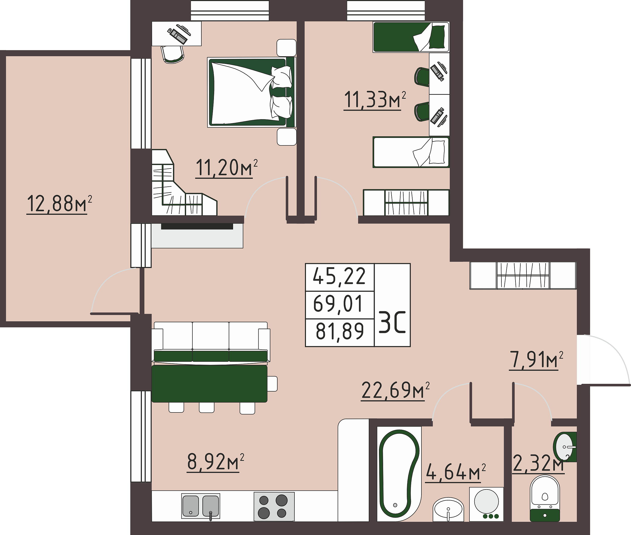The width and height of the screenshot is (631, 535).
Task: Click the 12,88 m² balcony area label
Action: pyautogui.click(x=59, y=204)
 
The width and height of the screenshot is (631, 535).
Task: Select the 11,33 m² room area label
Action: pyautogui.click(x=375, y=100)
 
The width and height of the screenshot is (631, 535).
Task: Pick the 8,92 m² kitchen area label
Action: pyautogui.click(x=216, y=462)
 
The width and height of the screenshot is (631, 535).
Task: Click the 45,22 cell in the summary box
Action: pyautogui.click(x=339, y=277)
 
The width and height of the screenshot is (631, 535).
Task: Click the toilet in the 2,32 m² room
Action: pyautogui.click(x=545, y=498)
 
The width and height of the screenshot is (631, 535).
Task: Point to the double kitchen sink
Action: pyautogui.click(x=201, y=506)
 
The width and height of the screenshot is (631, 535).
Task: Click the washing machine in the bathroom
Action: pyautogui.click(x=486, y=504)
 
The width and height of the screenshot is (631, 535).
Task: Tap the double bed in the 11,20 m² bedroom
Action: pyautogui.click(x=251, y=92)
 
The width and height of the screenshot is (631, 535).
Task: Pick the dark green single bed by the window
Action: pyautogui.click(x=411, y=37)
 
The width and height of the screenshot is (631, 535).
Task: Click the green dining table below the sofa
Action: pyautogui.click(x=209, y=384)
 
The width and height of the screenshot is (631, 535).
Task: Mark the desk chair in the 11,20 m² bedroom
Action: pyautogui.click(x=173, y=54)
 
